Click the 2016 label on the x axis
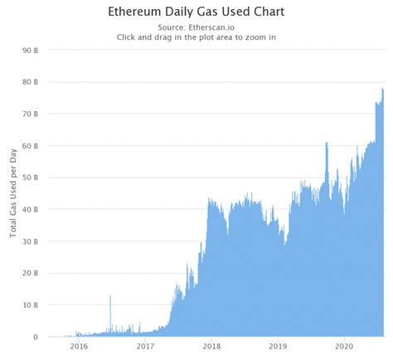[x=79, y=348]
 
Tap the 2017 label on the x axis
[x=146, y=348]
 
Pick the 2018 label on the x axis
[x=211, y=348]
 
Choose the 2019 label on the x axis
[x=278, y=348]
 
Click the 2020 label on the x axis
[x=344, y=348]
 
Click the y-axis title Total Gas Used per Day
[x=14, y=192]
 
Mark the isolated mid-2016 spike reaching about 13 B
[x=110, y=297]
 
